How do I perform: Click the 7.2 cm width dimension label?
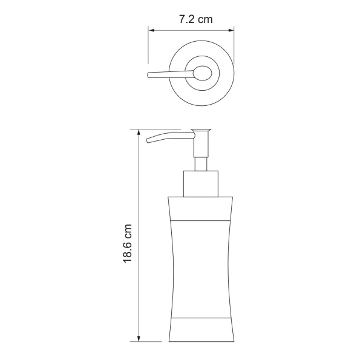(x=195, y=19)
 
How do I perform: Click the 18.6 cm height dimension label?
(x=128, y=243)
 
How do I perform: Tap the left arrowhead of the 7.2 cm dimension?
(x=151, y=30)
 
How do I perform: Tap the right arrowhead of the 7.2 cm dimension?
(x=231, y=30)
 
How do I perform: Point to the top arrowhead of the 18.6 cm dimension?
(x=139, y=132)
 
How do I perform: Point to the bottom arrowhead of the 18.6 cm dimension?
(x=139, y=338)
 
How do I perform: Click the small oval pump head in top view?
(x=203, y=73)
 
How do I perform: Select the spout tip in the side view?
(x=148, y=140)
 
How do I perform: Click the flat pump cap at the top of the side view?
(x=201, y=130)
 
